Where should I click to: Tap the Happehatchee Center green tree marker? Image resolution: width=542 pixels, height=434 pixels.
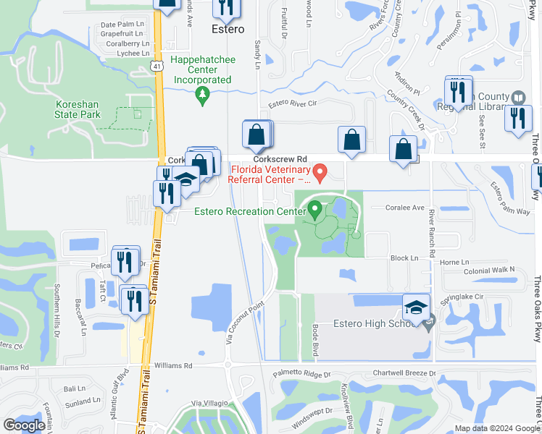[204, 93]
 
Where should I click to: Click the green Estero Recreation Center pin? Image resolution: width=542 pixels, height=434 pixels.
[314, 210]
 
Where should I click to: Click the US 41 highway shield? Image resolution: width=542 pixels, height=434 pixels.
[157, 66]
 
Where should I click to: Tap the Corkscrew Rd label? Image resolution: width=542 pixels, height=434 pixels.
[280, 159]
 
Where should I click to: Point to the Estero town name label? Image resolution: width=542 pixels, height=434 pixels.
[228, 30]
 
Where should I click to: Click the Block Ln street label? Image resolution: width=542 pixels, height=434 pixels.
[404, 258]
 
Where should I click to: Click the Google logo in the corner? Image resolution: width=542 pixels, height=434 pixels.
[24, 425]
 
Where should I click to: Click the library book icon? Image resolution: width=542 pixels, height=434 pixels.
[517, 98]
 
